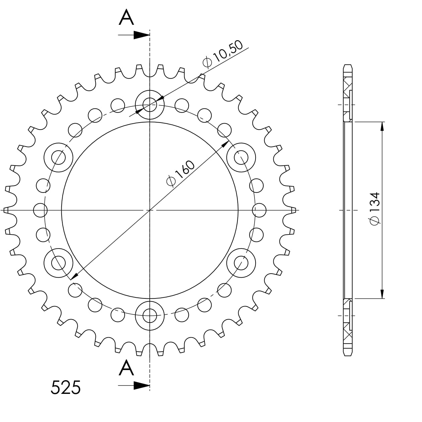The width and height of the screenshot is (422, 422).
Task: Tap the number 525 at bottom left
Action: click(66, 388)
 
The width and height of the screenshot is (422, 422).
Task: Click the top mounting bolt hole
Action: click(150, 105)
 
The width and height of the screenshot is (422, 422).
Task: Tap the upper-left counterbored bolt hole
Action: click(59, 157)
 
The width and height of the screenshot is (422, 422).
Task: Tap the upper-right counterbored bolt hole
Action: click(241, 157)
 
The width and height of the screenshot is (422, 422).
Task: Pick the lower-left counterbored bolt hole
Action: click(59, 263)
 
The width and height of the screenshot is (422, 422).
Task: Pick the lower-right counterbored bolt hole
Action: click(241, 263)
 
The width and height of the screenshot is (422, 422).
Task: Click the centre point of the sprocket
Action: click(150, 210)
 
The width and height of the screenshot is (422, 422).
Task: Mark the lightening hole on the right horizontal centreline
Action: click(259, 210)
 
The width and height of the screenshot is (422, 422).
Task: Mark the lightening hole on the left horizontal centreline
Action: click(40, 210)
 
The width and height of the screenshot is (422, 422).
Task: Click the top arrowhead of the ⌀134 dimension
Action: click(382, 127)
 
